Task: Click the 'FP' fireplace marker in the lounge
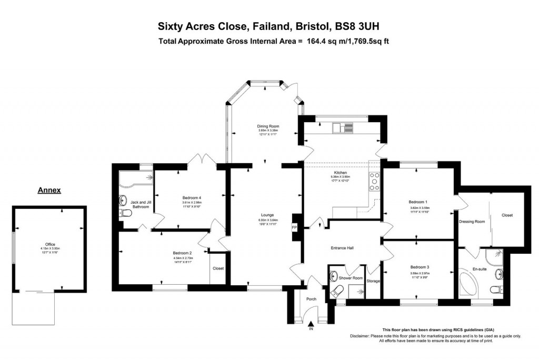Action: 294,227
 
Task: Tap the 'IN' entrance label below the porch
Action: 311,329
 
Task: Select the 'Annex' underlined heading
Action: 49,191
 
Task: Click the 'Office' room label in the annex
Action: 50,244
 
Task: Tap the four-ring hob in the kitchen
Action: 375,181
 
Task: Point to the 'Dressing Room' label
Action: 472,222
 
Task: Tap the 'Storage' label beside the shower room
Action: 373,281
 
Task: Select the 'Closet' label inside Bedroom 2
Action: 218,268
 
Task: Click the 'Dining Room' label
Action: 267,126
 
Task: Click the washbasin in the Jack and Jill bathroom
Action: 124,199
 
